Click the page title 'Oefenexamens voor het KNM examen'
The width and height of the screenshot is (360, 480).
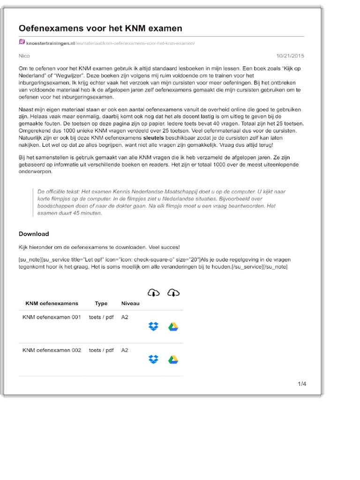100,29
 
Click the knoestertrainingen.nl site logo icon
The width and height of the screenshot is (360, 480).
22,43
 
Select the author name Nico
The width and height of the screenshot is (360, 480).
24,56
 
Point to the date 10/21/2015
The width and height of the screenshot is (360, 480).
290,56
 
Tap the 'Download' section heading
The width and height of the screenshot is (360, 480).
34,234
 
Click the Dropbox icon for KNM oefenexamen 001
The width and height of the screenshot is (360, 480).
153,327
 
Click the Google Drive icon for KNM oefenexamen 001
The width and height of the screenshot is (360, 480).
173,327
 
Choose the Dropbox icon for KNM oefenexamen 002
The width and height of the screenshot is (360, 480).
153,360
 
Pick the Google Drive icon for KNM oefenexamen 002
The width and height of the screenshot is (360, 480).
173,360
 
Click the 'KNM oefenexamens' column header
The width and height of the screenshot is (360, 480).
52,304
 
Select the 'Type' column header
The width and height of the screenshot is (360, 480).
101,304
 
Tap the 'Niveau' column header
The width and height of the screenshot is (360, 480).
130,304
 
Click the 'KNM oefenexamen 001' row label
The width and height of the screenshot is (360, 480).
52,317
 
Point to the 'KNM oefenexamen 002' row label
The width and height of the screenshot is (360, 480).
52,350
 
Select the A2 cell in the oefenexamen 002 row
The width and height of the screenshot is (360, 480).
125,350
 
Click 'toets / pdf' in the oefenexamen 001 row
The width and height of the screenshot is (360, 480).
101,317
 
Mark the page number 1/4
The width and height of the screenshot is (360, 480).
302,384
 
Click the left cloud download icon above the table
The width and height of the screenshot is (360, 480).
153,293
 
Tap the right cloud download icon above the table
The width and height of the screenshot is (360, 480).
173,293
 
